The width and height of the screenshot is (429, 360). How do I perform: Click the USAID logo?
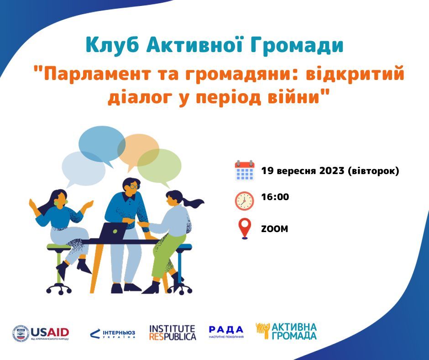point(41,334)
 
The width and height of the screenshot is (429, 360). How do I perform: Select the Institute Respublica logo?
point(173,333)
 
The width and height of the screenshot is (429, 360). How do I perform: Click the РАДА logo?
point(226,332)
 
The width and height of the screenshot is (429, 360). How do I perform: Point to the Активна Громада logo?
point(286,331)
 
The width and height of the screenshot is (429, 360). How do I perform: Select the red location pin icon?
point(245,229)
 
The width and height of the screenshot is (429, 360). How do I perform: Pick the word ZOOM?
point(274,229)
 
